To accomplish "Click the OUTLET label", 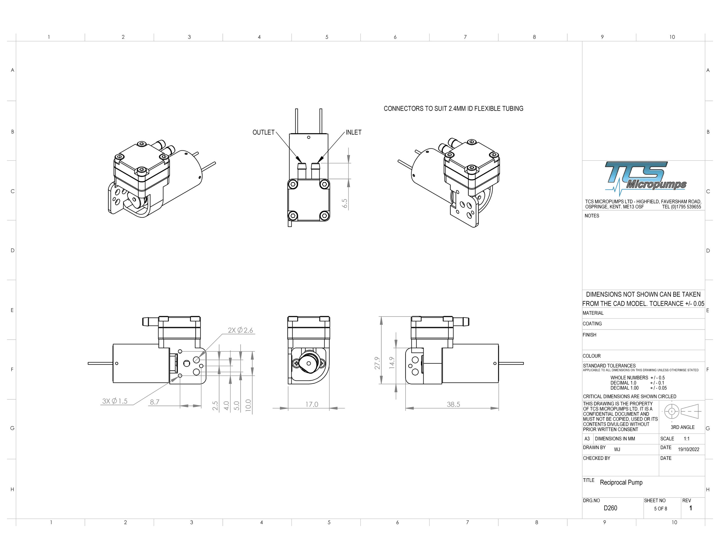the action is coord(264,132).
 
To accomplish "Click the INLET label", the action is coord(354,132).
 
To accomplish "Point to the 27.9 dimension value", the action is coord(377,363).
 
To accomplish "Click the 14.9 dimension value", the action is coord(392,363).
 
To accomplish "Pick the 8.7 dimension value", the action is coord(155,402).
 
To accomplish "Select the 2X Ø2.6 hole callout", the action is coord(240,330).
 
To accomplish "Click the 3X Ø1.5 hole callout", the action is coord(115,401).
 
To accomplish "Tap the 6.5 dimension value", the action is coord(345,203).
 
